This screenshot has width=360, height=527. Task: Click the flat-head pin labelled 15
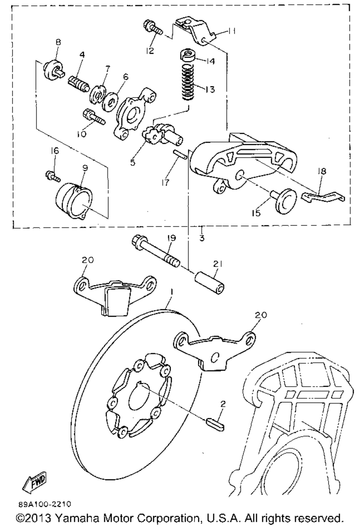point(283,199)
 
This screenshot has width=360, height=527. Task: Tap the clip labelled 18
point(322,197)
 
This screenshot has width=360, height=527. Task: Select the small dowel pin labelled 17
point(179,154)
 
